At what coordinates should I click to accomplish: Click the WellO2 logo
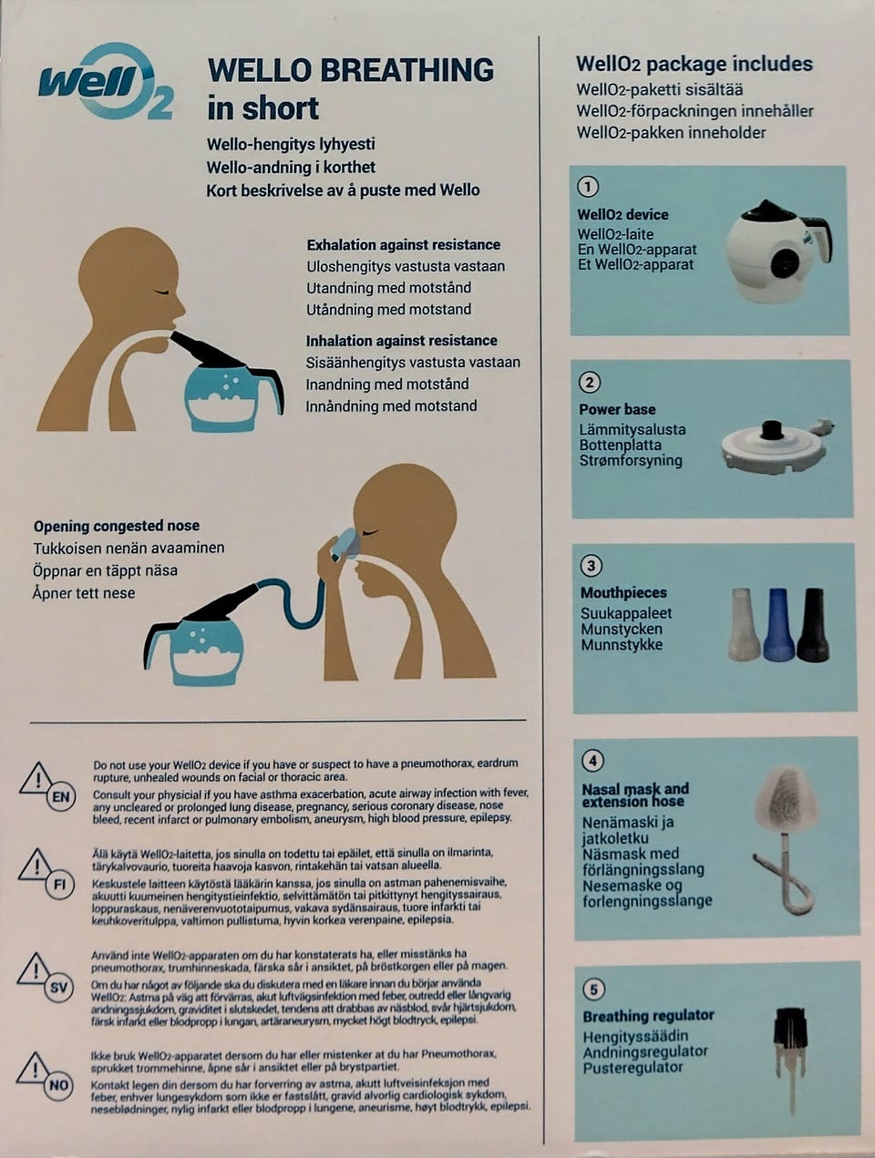106,83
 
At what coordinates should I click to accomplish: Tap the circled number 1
588,187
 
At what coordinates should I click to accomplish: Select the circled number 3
591,566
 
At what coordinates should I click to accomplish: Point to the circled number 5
593,989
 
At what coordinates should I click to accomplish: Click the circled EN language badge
60,796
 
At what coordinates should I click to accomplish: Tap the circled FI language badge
59,884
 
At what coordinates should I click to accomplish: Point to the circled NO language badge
58,1085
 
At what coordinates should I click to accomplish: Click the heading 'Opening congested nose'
117,526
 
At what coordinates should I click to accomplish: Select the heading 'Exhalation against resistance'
404,245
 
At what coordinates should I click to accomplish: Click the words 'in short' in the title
262,108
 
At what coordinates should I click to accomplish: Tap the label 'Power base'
617,409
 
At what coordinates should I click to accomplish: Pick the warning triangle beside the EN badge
36,778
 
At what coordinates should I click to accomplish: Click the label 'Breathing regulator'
648,1016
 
